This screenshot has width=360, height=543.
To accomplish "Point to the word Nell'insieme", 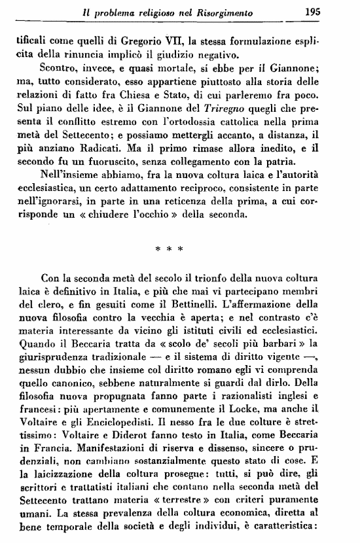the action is (x=69, y=184).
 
